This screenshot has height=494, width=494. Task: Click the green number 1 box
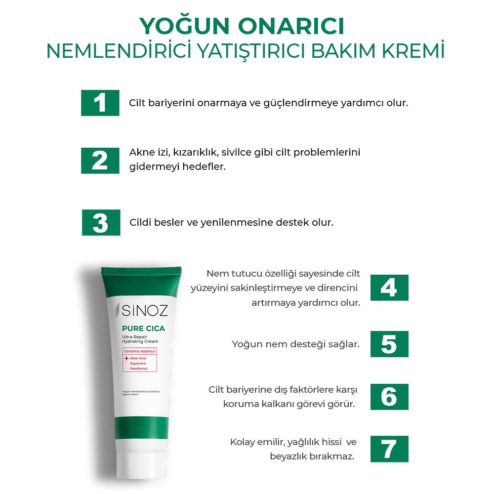coord(100,103)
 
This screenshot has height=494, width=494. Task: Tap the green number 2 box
coord(100,161)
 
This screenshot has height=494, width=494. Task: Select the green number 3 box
coord(101,222)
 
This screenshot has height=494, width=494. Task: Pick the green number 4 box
coord(389,288)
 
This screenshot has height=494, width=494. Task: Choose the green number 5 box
coord(389,344)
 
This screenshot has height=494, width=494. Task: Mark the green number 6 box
coord(389,397)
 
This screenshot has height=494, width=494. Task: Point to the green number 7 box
coord(389,449)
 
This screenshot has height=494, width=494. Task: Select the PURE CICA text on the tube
coord(143,329)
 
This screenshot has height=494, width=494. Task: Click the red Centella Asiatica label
coord(139,351)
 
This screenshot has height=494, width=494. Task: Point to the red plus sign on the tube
coord(126,358)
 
